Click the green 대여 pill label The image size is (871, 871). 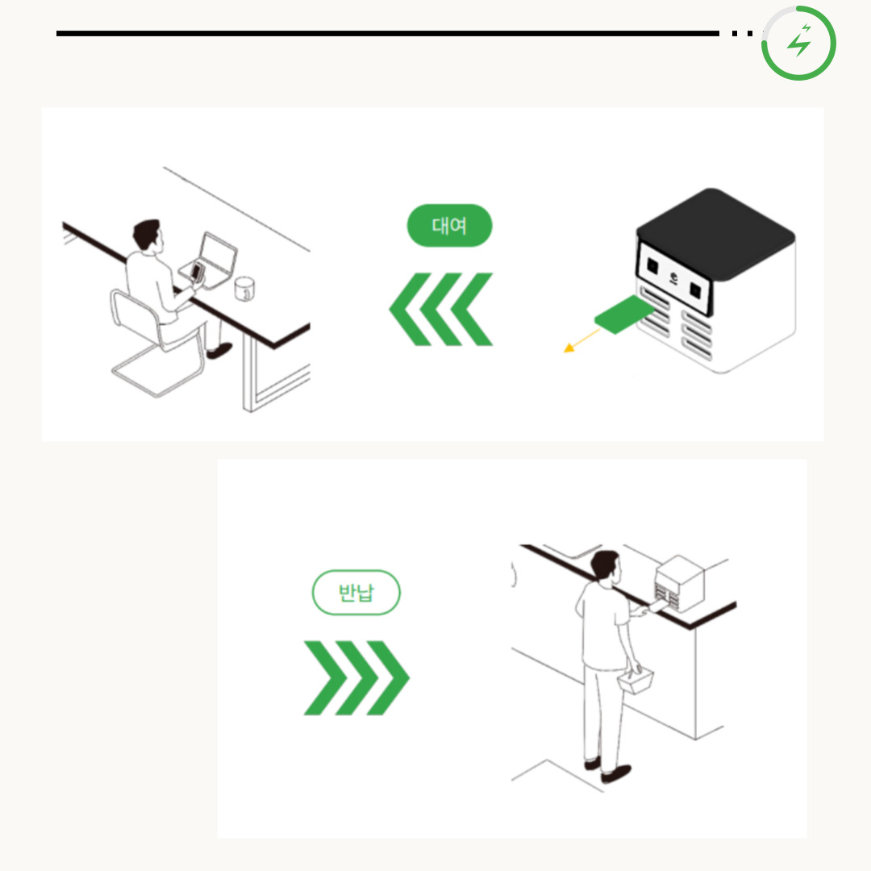pos(449,226)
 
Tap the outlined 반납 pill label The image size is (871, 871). pos(356,592)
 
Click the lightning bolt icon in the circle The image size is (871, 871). pos(800,40)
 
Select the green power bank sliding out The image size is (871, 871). pos(623,314)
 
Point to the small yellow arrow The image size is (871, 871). pos(581,340)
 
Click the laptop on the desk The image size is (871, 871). pos(209,260)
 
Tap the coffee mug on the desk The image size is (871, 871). pos(244,288)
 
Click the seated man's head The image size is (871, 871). pos(148,235)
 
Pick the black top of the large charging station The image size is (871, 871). pos(715,233)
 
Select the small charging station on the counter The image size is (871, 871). pos(679,583)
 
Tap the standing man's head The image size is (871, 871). pos(605,565)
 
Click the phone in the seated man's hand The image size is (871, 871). pos(197,272)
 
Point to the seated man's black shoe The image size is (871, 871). pos(219,351)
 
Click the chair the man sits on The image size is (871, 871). pos(156,344)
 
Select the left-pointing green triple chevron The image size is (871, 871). pos(440,309)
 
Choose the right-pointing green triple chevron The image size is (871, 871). pos(356,677)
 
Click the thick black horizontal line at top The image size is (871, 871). pos(388,33)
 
